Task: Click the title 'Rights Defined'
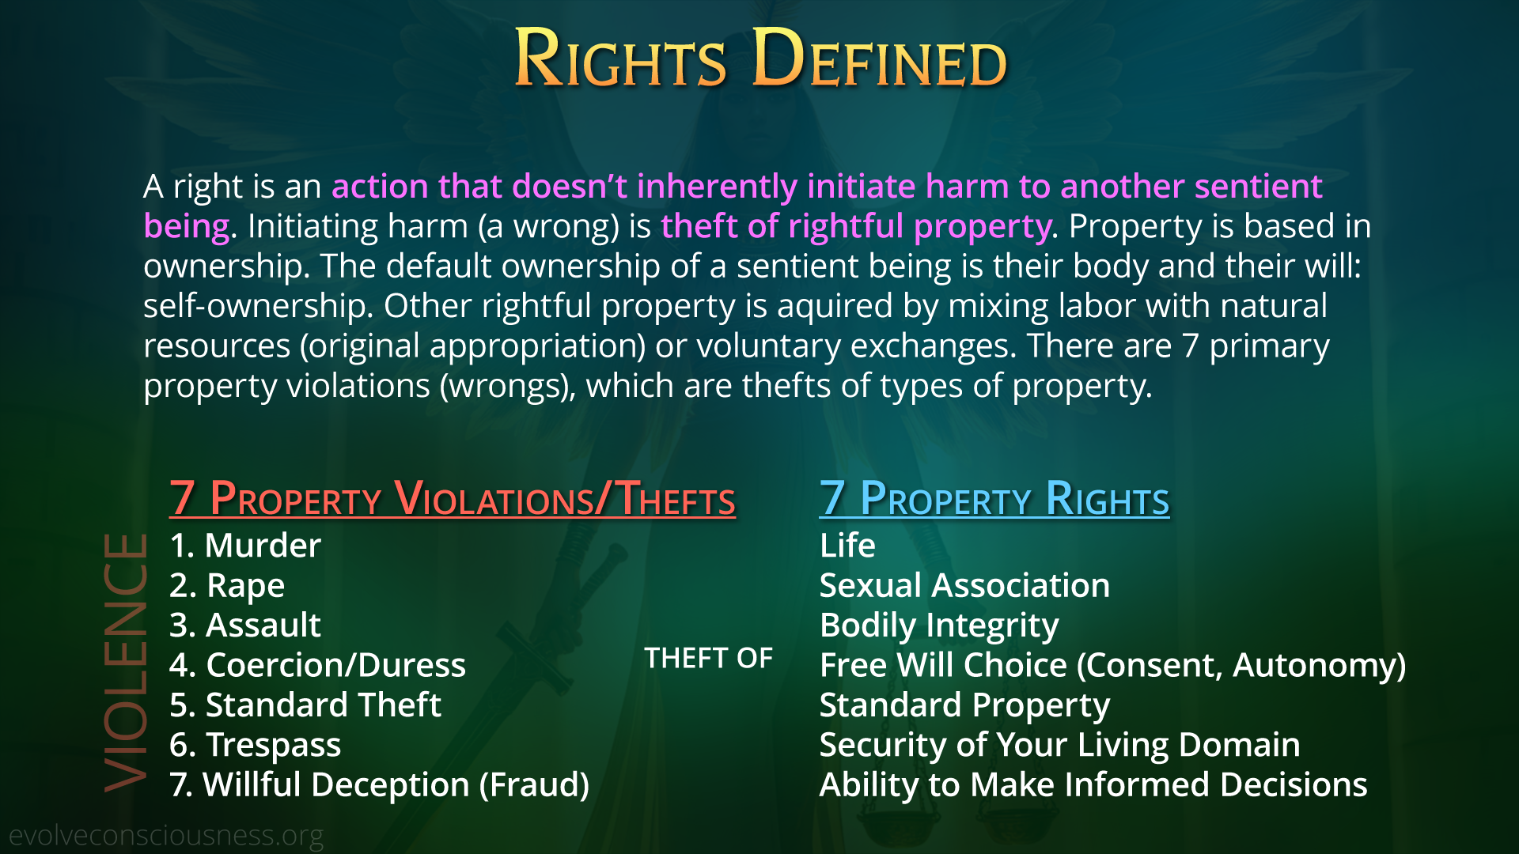pyautogui.click(x=760, y=57)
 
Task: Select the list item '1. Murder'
pyautogui.click(x=245, y=546)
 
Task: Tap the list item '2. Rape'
pyautogui.click(x=227, y=587)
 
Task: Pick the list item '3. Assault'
pyautogui.click(x=245, y=625)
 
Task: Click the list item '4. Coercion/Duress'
pyautogui.click(x=318, y=665)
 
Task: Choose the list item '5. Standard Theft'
pyautogui.click(x=305, y=705)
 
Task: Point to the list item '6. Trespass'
pyautogui.click(x=256, y=746)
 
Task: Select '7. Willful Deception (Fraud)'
pyautogui.click(x=380, y=785)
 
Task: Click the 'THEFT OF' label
pyautogui.click(x=708, y=658)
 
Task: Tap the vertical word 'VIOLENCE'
pyautogui.click(x=125, y=663)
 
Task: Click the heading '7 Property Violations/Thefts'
pyautogui.click(x=453, y=498)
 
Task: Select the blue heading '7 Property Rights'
pyautogui.click(x=994, y=498)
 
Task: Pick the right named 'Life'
pyautogui.click(x=847, y=546)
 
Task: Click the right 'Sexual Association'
pyautogui.click(x=964, y=586)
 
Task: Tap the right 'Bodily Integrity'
pyautogui.click(x=939, y=626)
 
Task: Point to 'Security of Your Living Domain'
pyautogui.click(x=1060, y=746)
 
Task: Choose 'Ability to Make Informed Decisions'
pyautogui.click(x=1093, y=785)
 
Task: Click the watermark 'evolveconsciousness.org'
pyautogui.click(x=166, y=836)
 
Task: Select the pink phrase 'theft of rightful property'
pyautogui.click(x=856, y=227)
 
